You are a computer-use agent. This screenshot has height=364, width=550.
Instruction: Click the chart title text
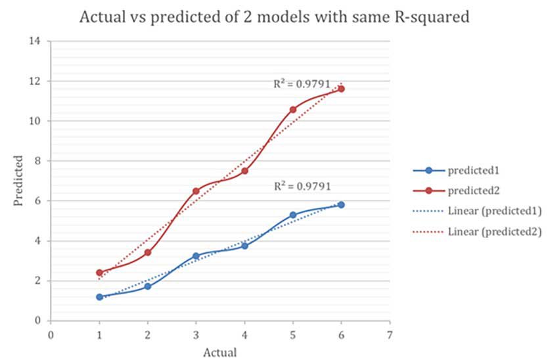pyautogui.click(x=275, y=17)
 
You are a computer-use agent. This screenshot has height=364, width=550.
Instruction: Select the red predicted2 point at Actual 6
pyautogui.click(x=341, y=88)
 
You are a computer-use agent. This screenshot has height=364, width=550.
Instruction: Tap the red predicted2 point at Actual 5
pyautogui.click(x=293, y=109)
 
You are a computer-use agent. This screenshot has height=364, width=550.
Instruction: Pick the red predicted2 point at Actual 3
pyautogui.click(x=196, y=191)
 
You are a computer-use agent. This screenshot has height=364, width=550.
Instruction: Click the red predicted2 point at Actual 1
pyautogui.click(x=99, y=272)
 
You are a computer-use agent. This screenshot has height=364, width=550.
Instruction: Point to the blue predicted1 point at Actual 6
pyautogui.click(x=341, y=204)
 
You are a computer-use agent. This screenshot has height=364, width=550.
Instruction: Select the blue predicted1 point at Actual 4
pyautogui.click(x=244, y=246)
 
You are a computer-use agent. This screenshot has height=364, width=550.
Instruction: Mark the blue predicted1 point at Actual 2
pyautogui.click(x=148, y=286)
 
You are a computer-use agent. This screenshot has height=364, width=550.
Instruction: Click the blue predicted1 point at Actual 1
pyautogui.click(x=99, y=297)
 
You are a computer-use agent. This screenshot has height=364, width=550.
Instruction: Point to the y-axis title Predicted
pyautogui.click(x=19, y=181)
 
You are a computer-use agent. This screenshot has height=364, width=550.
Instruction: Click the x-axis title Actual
pyautogui.click(x=219, y=352)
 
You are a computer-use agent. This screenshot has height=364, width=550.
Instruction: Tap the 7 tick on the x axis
pyautogui.click(x=390, y=334)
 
